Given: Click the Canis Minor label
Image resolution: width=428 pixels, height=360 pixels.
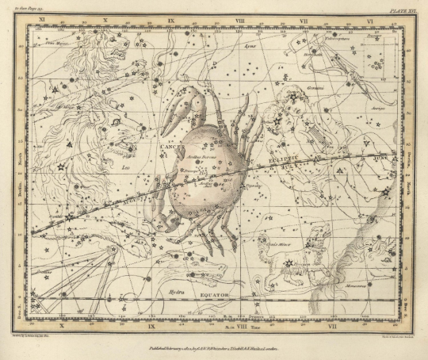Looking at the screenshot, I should coord(279,246).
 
